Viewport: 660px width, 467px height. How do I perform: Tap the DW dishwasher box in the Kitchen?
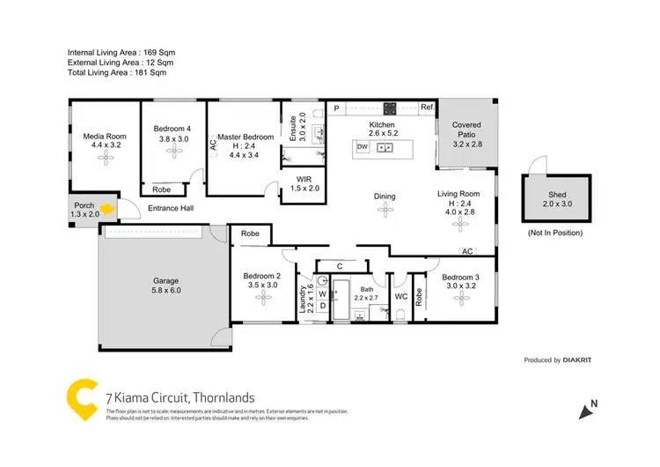click(x=362, y=146)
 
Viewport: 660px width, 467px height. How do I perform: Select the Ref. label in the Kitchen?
click(x=427, y=107)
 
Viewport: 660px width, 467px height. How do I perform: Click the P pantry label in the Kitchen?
click(x=336, y=107)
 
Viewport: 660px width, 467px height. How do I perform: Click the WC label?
click(x=401, y=297)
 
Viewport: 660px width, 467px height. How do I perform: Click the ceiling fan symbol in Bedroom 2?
click(x=261, y=298)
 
